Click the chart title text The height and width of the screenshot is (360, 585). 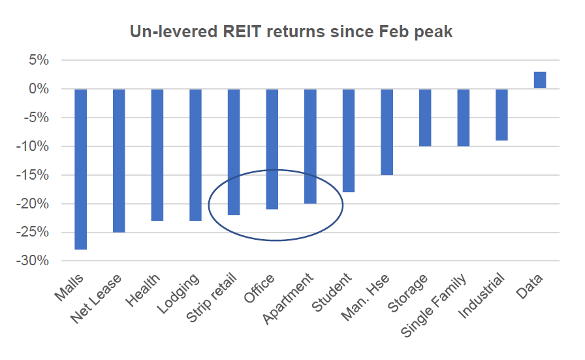point(291,31)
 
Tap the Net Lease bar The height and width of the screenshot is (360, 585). point(119,160)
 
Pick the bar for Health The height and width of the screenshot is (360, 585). point(157,154)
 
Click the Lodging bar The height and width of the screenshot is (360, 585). point(196,154)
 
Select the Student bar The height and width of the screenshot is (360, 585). point(349,140)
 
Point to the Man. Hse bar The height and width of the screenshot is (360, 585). point(387,131)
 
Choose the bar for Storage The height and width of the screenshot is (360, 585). point(425,117)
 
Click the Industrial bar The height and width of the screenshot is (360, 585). point(501,114)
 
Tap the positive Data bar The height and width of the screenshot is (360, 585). point(540,80)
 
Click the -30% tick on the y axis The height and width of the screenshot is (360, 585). point(34,261)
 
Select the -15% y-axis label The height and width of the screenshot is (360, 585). point(34,175)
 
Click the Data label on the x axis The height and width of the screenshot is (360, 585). point(532,285)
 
